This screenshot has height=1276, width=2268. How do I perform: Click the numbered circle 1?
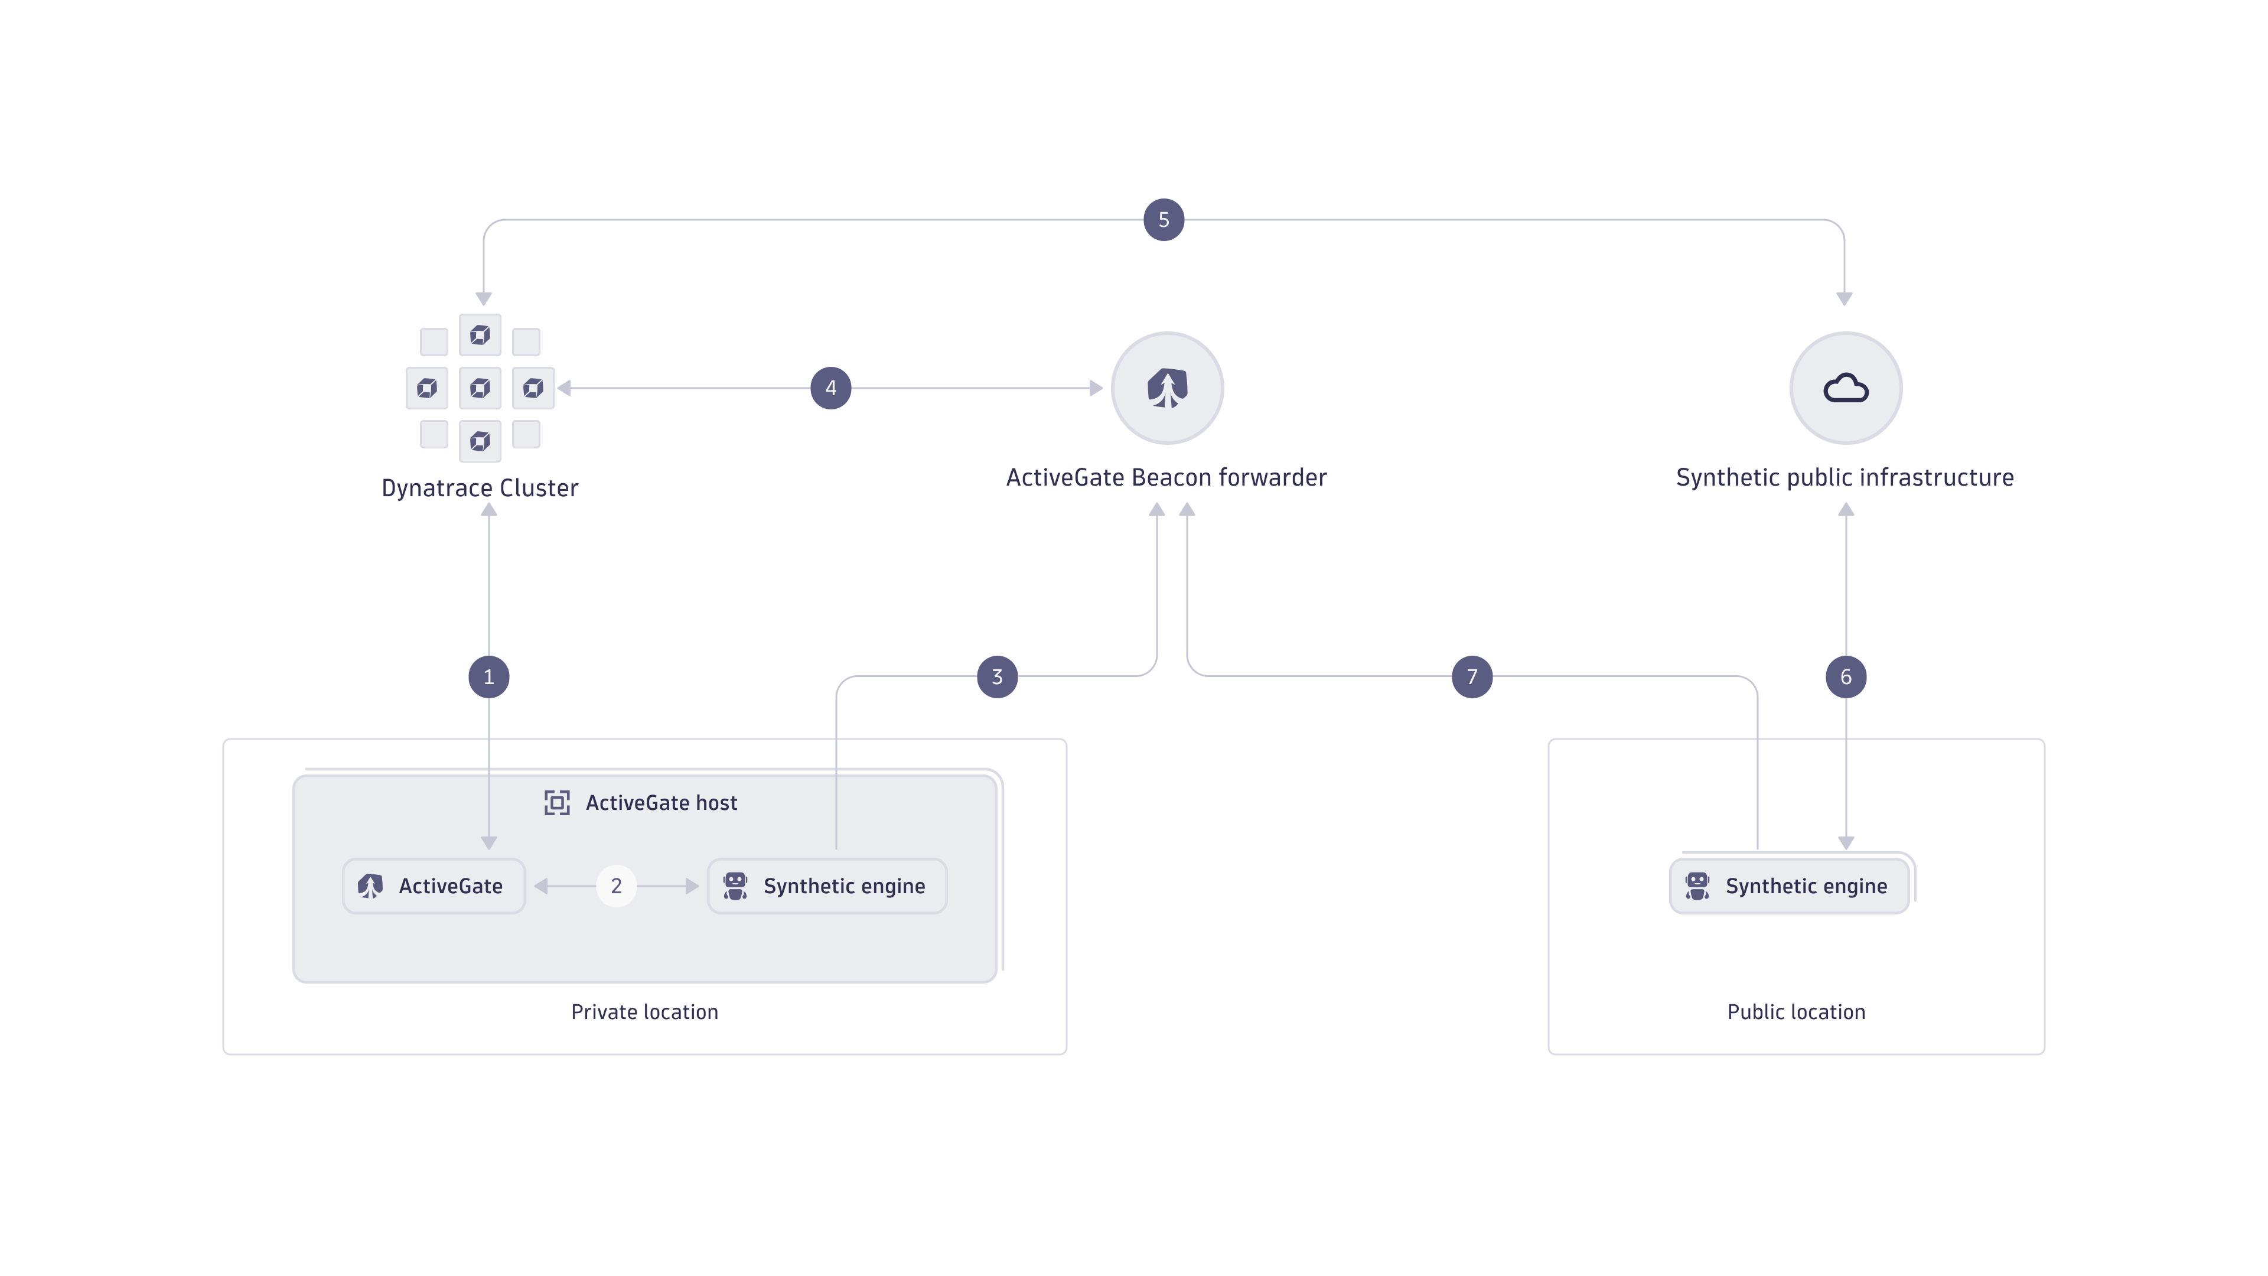click(x=488, y=676)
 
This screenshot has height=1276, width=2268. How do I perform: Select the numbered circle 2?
click(x=616, y=886)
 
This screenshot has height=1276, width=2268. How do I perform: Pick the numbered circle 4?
click(x=830, y=388)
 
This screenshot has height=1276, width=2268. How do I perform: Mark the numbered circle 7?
click(x=1472, y=676)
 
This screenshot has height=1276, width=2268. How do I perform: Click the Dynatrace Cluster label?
click(x=480, y=488)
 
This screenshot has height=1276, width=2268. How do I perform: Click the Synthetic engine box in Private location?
click(x=827, y=886)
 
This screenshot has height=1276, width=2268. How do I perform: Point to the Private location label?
click(x=644, y=1012)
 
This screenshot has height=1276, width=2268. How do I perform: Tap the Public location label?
click(x=1796, y=1012)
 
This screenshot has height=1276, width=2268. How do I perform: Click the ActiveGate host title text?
click(x=661, y=802)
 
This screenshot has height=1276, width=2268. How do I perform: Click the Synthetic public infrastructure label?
click(x=1845, y=477)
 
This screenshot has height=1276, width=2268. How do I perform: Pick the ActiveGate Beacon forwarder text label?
click(x=1166, y=477)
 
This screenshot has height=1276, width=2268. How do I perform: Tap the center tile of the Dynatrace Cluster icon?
click(x=480, y=388)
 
